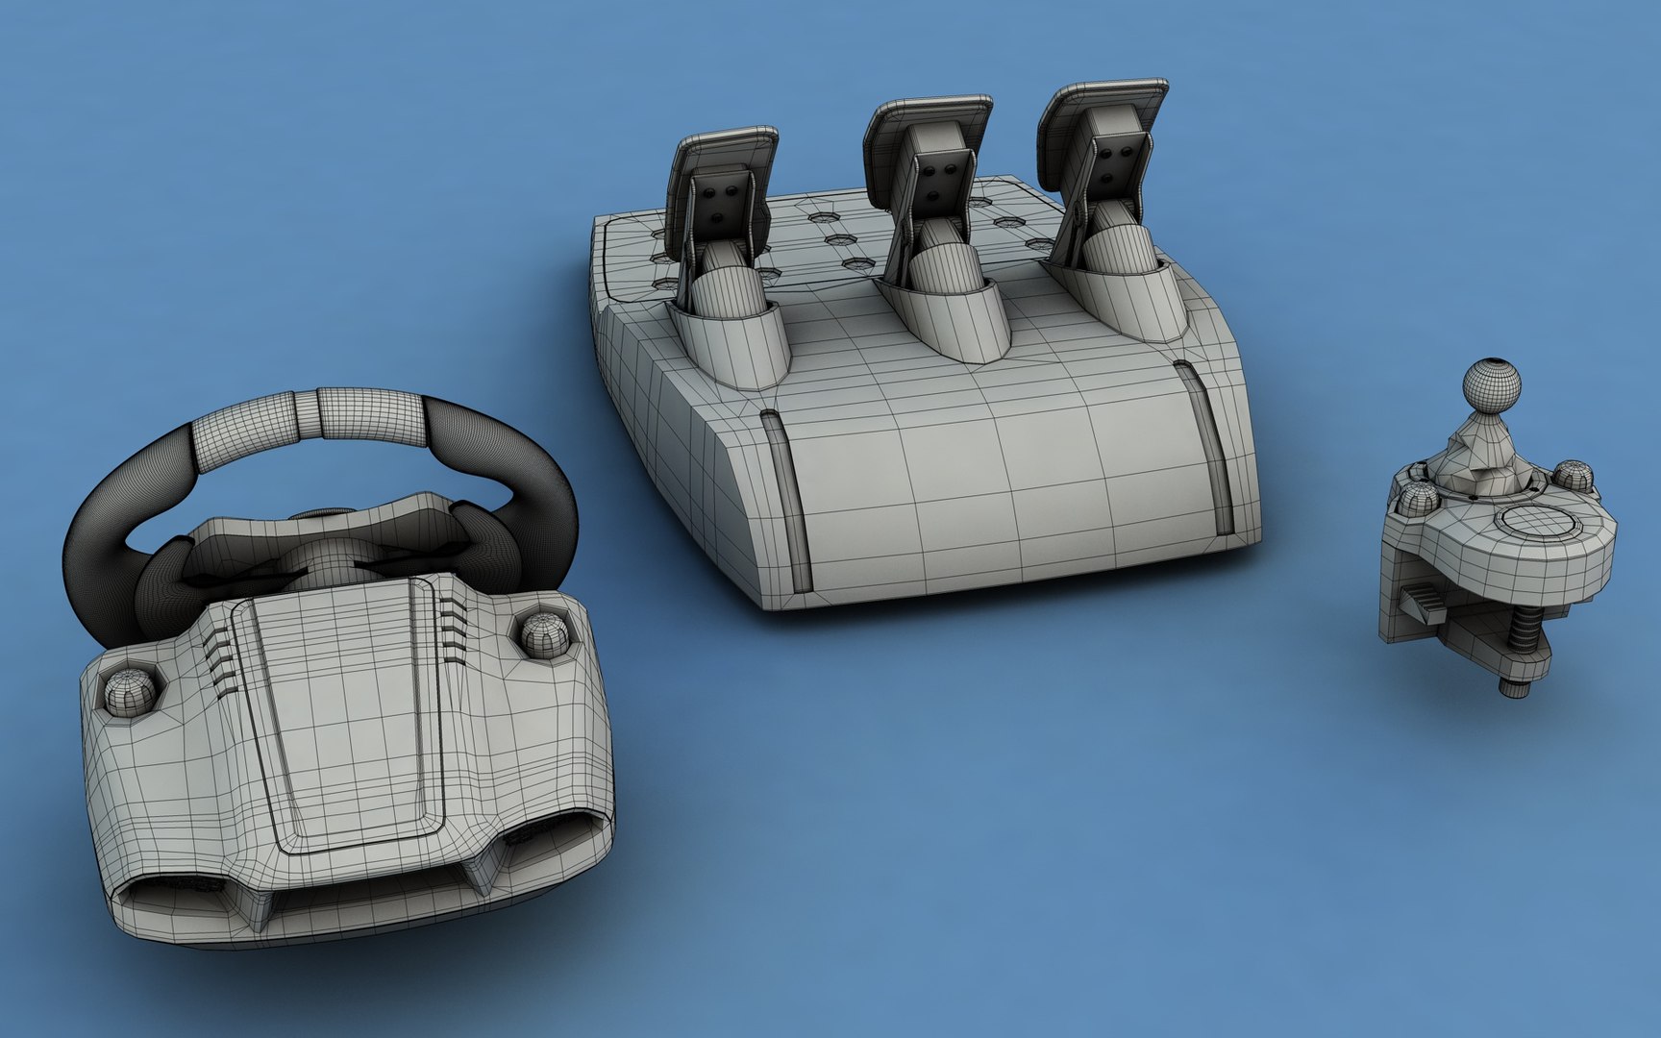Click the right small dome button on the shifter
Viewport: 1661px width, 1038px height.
(1569, 475)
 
